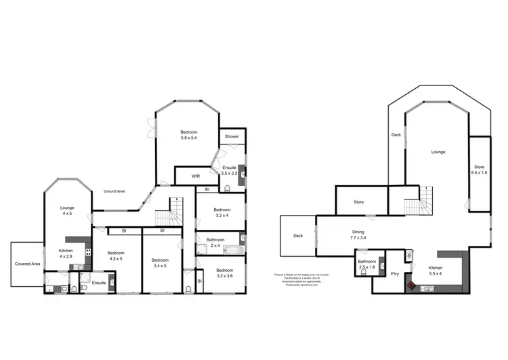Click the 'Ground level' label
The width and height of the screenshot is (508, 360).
[x=114, y=191]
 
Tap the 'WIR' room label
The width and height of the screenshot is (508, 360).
[x=195, y=176]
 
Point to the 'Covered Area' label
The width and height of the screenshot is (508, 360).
[x=28, y=264]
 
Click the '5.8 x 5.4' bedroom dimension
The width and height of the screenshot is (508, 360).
[x=188, y=138]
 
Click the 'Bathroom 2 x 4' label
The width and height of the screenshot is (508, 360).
[x=215, y=242]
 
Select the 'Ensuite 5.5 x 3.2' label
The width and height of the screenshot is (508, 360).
[x=229, y=170]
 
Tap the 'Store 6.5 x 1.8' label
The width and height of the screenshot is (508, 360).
[x=480, y=169]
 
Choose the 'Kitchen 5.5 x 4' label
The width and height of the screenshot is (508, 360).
[x=435, y=271]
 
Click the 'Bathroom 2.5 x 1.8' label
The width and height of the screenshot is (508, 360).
[x=367, y=264]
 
